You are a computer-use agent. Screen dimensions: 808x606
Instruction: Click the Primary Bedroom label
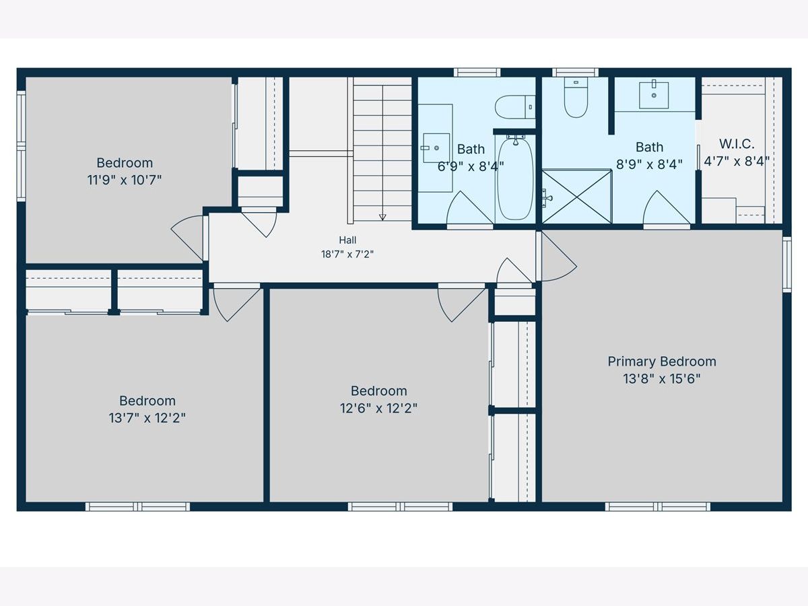click(x=662, y=362)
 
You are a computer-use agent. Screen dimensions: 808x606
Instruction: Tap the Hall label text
click(x=347, y=240)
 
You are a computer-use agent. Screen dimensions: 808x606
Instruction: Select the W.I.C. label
click(x=737, y=144)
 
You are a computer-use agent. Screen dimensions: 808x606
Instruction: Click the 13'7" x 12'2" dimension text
click(x=147, y=418)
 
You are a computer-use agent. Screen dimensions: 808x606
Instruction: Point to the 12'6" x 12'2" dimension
click(x=379, y=408)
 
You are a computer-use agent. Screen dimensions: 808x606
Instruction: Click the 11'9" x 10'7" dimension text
click(x=125, y=180)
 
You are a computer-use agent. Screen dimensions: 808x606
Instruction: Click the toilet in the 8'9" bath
click(x=576, y=98)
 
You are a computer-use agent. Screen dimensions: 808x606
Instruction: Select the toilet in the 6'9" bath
click(x=515, y=106)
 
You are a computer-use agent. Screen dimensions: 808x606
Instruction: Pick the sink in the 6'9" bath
click(x=436, y=148)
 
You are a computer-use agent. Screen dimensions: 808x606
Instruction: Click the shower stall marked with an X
click(x=576, y=196)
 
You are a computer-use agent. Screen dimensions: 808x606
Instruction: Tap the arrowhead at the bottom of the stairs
click(x=382, y=217)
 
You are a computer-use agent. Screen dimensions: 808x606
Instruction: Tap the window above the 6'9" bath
click(x=477, y=73)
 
